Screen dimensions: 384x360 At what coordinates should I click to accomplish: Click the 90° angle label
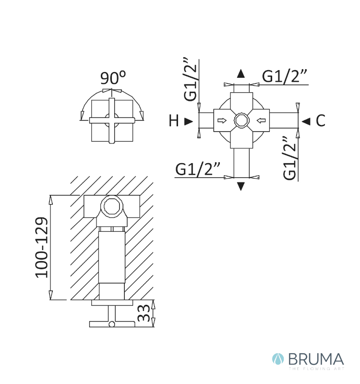(113, 77)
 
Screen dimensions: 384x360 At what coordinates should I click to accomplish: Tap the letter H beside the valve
(174, 121)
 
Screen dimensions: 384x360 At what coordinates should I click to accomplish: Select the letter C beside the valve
(320, 121)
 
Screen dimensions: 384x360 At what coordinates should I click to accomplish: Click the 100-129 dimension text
(42, 247)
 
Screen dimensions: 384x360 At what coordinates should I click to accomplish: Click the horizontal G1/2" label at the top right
(285, 76)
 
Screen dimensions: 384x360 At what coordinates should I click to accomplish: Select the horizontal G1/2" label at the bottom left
(198, 169)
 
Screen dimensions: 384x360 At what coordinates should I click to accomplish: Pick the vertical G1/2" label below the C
(290, 158)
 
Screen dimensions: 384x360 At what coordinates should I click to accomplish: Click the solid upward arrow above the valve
(241, 73)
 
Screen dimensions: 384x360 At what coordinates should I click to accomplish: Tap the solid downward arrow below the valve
(241, 187)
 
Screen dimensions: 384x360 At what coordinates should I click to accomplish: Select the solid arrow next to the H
(189, 121)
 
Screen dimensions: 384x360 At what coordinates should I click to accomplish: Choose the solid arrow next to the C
(306, 121)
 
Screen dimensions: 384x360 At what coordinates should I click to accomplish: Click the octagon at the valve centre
(240, 120)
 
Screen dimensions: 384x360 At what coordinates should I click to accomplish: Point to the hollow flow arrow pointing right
(223, 120)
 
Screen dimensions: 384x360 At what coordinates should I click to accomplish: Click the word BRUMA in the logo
(316, 359)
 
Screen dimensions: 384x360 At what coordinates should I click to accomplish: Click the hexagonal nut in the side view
(112, 207)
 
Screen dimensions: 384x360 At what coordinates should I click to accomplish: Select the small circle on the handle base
(111, 324)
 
